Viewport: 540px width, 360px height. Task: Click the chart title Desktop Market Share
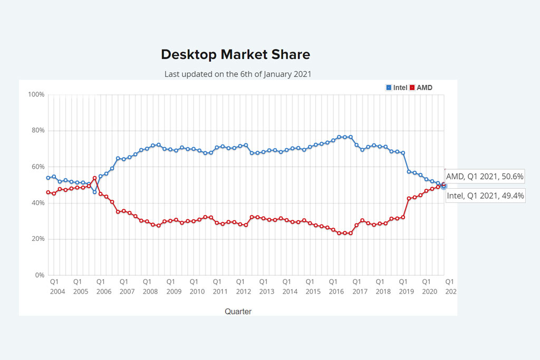(x=235, y=54)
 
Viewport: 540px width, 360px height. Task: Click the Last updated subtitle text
(x=237, y=74)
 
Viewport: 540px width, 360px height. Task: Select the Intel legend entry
(x=397, y=87)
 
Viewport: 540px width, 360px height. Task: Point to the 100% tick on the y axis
(x=36, y=94)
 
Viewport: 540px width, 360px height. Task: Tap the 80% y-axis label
(x=37, y=131)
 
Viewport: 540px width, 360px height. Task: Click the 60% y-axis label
(x=37, y=167)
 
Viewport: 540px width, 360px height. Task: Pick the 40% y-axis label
(x=37, y=203)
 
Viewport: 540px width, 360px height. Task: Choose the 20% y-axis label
(x=37, y=239)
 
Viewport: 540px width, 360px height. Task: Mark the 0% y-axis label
(x=40, y=275)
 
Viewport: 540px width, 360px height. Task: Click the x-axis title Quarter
(x=238, y=312)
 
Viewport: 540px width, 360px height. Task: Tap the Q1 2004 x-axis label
(x=54, y=286)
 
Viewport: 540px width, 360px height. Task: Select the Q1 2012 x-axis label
(x=240, y=286)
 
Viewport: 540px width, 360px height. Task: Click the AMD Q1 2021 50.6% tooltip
(x=485, y=177)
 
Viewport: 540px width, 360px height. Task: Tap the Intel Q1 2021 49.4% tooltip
(x=485, y=196)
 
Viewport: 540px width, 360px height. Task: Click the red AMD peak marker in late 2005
(x=94, y=178)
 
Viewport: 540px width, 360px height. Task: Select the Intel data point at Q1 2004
(x=48, y=178)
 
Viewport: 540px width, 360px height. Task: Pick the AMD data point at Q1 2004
(x=48, y=192)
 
